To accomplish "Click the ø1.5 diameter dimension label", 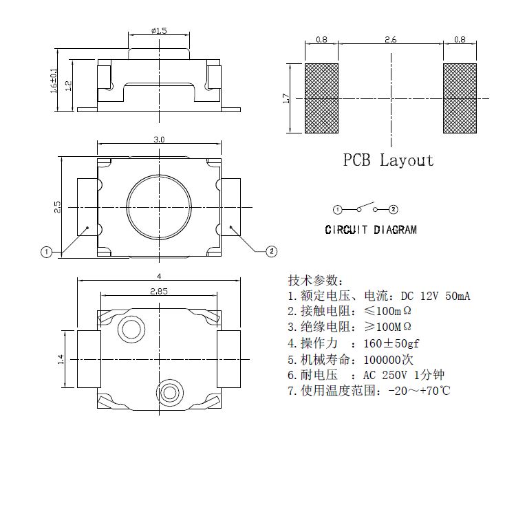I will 158,30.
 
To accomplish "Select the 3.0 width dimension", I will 159,140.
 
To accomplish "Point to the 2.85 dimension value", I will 159,291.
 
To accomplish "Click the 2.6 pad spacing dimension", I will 390,41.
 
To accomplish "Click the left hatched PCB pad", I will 321,98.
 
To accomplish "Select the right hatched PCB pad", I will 459,98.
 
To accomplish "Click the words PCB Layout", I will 389,160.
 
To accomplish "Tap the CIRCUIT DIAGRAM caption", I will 371,230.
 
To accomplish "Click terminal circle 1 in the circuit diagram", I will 338,209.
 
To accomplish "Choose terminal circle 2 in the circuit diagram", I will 393,209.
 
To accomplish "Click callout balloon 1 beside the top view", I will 46,252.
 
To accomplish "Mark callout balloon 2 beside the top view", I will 272,251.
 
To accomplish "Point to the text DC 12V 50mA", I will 436,297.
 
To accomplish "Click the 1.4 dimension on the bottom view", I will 61,358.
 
